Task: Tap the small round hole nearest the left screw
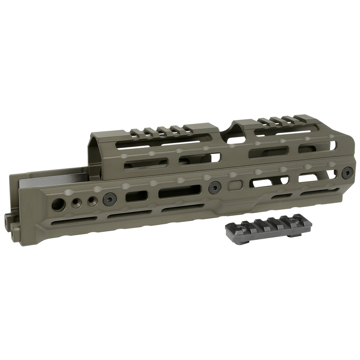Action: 91,200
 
